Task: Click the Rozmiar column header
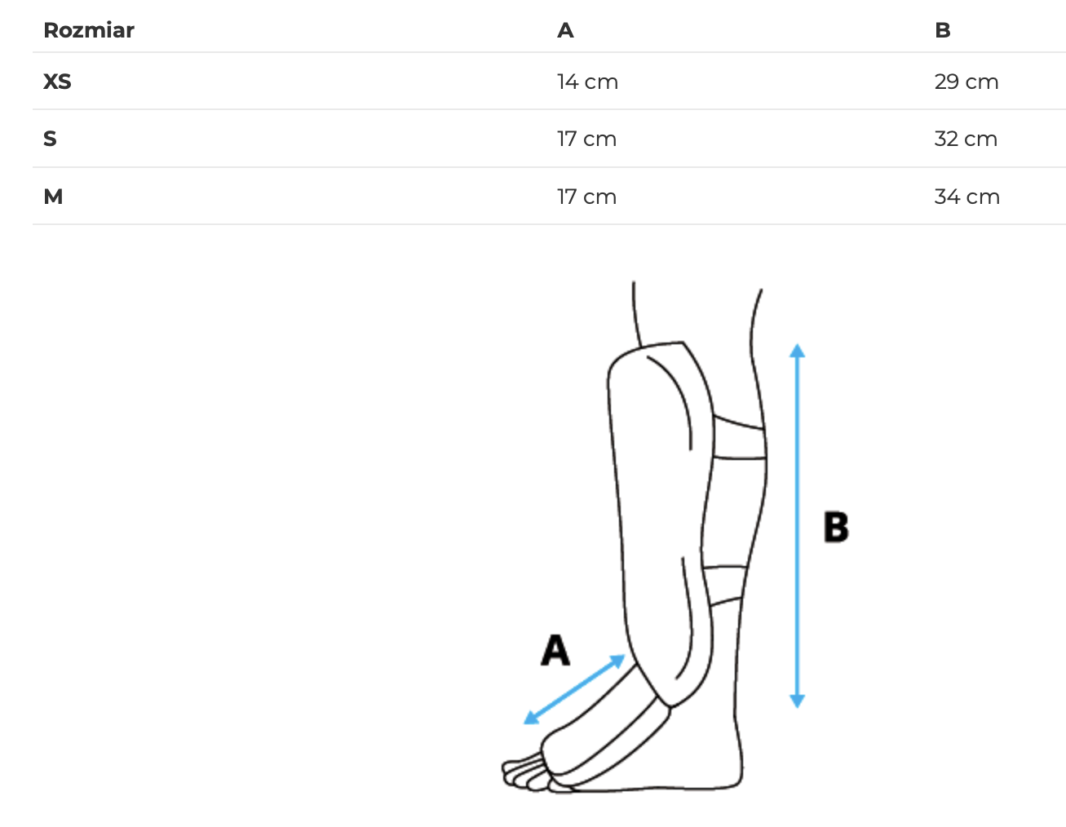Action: [x=88, y=30]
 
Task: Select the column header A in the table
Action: [x=565, y=30]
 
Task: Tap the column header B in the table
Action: [x=942, y=30]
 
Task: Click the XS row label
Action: [x=57, y=82]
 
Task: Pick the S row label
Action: [x=50, y=139]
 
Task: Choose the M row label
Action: [x=53, y=197]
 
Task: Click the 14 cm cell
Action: [x=587, y=82]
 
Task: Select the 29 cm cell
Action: [x=966, y=82]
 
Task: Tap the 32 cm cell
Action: [x=965, y=139]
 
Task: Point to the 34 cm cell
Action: [x=966, y=197]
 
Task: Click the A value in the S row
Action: [x=586, y=139]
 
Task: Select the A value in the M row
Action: [x=586, y=197]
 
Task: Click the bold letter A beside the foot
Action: [x=555, y=650]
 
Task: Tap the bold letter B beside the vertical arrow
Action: [x=835, y=527]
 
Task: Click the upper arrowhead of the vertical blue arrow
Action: [x=797, y=351]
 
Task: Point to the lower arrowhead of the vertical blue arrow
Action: [x=797, y=701]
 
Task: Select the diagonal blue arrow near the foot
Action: [x=574, y=689]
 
